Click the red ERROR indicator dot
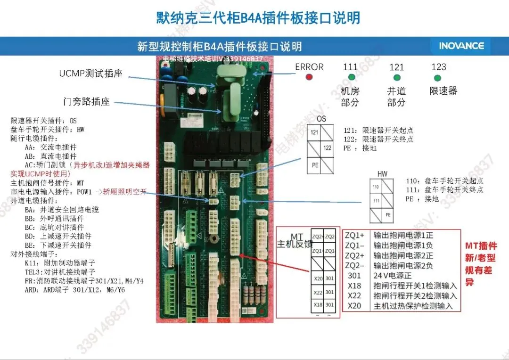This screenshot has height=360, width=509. coord(309,77)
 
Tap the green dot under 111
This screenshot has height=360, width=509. coord(352,77)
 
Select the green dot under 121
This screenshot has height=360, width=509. coord(397,78)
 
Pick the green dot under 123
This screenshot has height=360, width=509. coord(438,78)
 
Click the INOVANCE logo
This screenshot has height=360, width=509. coord(461,46)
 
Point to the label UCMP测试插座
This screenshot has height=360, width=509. coord(90,74)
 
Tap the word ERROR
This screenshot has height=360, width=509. coord(309,67)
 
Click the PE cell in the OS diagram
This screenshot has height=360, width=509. coord(315,165)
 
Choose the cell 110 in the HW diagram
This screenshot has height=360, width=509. coord(376,187)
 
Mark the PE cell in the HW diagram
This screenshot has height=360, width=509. coord(388,214)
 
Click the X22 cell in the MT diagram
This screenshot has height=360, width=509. coord(318,292)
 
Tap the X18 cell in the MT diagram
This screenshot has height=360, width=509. coord(318,305)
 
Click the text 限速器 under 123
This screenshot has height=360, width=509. coord(443,91)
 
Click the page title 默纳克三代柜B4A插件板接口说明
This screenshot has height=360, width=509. coord(258,18)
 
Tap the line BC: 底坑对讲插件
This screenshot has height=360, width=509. coord(58,228)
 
